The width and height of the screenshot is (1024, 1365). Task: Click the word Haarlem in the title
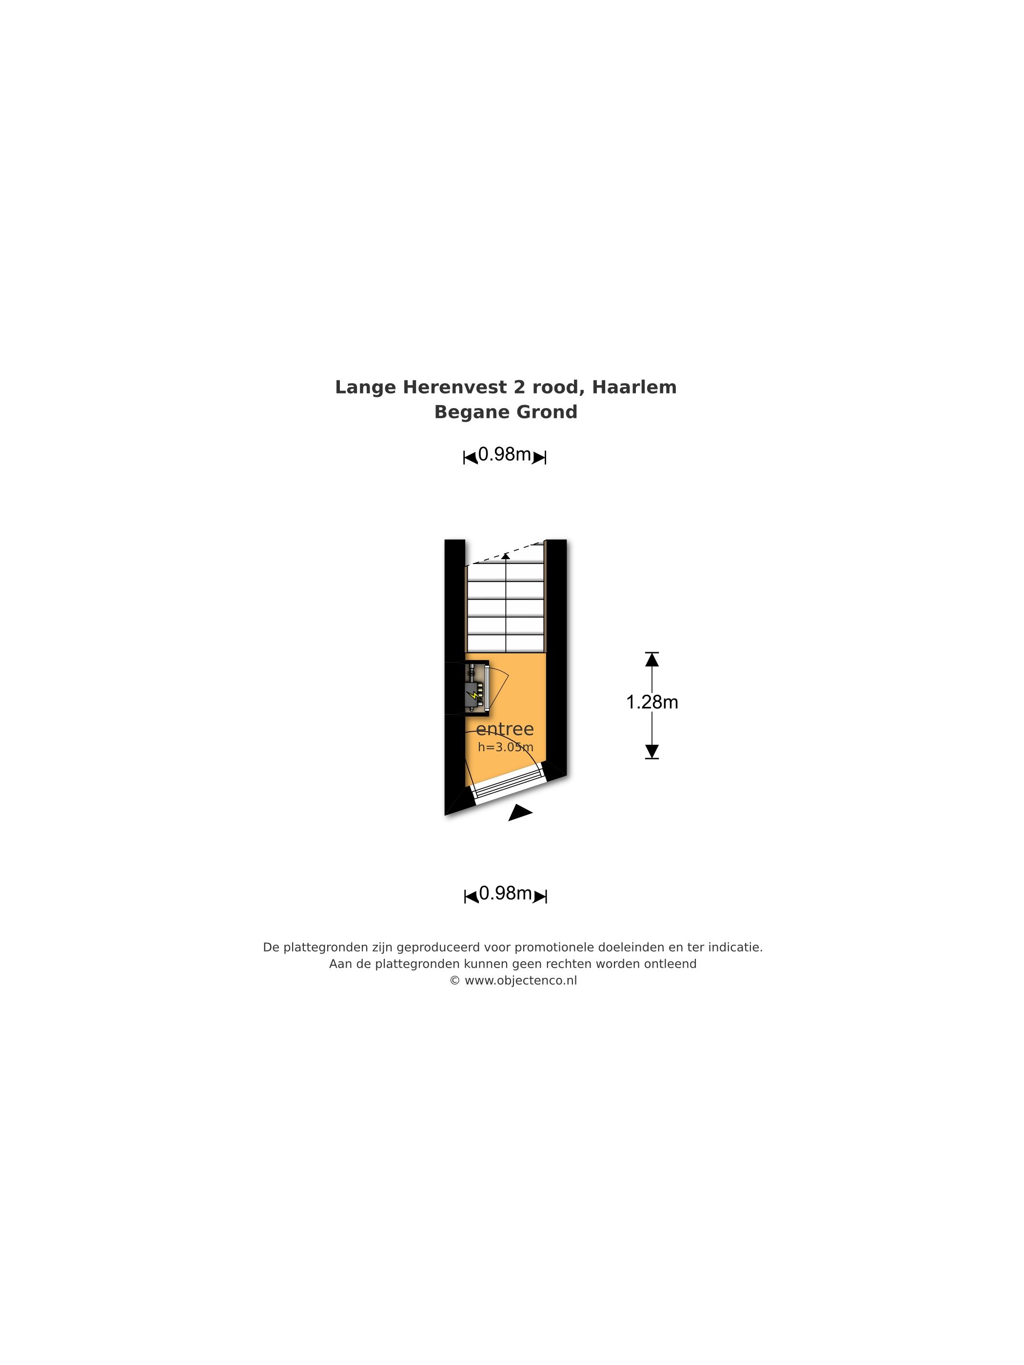[634, 387]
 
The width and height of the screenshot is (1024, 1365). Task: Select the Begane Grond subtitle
[506, 412]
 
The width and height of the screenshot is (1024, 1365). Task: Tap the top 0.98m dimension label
[504, 454]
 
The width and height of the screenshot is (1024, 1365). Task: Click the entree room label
[504, 729]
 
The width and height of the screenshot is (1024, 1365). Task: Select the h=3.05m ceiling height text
[506, 747]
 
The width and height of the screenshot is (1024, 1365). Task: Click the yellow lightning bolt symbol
[474, 697]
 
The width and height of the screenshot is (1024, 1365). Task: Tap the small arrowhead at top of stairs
[506, 556]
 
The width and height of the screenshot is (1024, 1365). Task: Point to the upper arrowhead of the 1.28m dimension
[652, 660]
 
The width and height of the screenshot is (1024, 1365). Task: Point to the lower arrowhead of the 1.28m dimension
[652, 751]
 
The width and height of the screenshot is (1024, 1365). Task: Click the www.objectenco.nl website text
[520, 980]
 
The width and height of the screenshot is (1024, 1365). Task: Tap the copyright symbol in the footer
[454, 980]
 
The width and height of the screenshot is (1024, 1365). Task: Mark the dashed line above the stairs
[506, 553]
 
